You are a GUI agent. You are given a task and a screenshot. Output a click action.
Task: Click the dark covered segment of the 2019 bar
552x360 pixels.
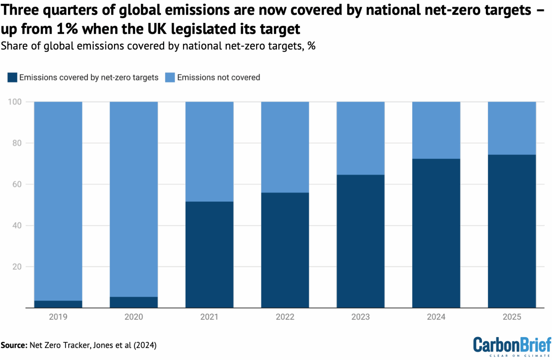58,304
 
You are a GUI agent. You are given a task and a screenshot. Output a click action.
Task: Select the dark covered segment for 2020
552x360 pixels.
134,302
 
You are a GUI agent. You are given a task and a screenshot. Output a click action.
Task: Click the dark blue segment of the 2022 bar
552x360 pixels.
285,250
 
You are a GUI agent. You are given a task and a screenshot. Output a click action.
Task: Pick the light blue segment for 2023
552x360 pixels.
360,138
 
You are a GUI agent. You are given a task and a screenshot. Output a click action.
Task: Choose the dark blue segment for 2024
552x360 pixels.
436,233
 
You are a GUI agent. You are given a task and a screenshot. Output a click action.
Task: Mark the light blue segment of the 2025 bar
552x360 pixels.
512,128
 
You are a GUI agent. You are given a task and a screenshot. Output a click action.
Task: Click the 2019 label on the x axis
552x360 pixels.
58,317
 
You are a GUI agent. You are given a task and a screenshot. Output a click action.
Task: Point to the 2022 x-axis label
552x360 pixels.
285,317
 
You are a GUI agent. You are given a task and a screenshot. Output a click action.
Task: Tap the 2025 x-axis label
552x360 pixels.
512,317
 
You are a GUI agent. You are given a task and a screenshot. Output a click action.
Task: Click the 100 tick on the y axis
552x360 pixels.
15,102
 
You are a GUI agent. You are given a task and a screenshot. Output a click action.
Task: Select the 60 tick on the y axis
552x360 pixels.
17,184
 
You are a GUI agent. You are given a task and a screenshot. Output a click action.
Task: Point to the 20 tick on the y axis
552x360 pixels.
17,267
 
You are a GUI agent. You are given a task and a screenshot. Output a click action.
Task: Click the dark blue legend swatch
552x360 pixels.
12,78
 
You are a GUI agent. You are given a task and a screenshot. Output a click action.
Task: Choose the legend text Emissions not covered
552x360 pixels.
218,78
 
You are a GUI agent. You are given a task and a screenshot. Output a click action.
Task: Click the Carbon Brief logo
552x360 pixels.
512,346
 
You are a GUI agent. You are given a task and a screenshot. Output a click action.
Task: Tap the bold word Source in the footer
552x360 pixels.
14,345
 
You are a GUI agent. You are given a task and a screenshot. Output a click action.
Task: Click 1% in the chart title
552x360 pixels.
67,29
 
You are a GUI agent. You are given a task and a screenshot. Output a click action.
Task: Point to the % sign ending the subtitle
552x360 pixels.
312,46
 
